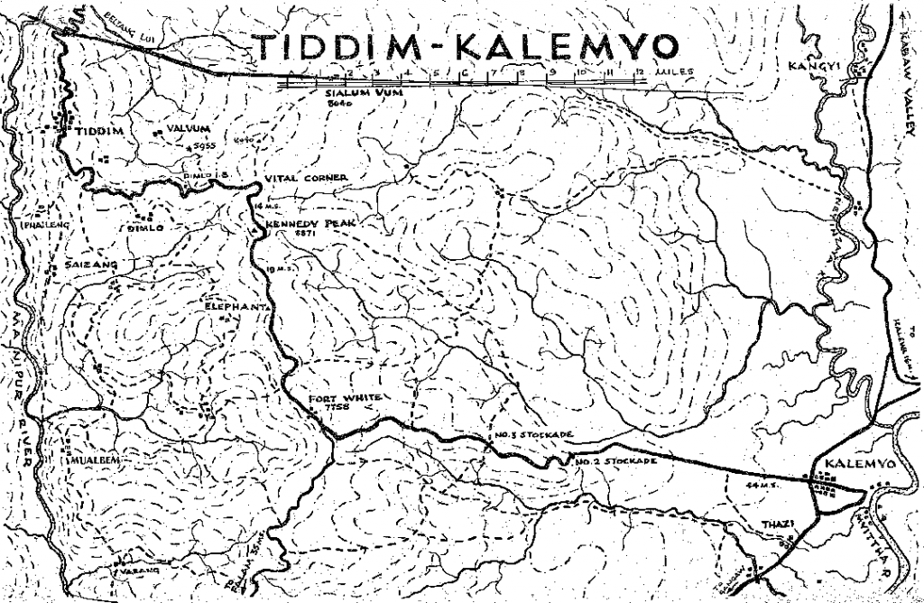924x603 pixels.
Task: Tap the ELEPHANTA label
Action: click(x=238, y=305)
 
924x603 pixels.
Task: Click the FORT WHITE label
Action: click(x=334, y=398)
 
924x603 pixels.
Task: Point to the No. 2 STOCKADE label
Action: click(x=614, y=460)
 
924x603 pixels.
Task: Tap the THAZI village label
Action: click(x=777, y=524)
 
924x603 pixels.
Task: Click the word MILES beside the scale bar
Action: click(x=678, y=70)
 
